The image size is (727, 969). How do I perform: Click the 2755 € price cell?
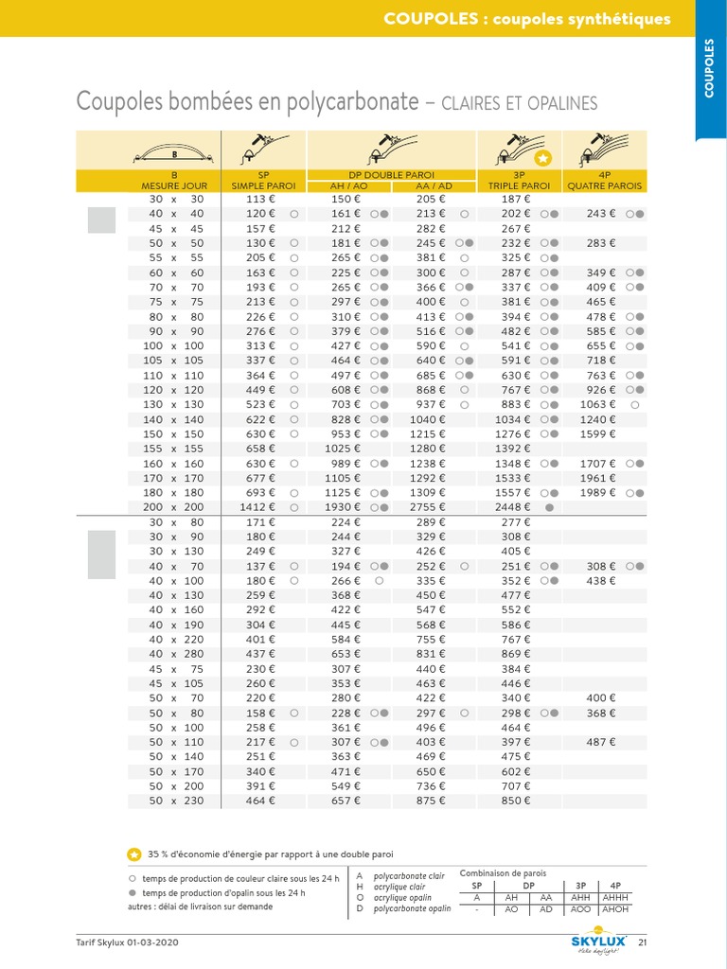tap(430, 507)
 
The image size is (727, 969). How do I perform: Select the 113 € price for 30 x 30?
tap(260, 199)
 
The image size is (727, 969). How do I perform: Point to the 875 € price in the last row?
tap(430, 801)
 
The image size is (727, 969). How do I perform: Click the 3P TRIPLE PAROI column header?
tap(519, 181)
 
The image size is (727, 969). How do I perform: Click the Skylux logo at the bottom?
tap(598, 942)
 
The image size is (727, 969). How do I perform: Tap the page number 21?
tap(643, 943)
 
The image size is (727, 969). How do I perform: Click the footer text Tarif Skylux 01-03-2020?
tap(127, 943)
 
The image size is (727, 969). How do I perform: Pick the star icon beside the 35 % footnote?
tap(134, 854)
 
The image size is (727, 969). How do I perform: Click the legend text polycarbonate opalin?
tap(412, 908)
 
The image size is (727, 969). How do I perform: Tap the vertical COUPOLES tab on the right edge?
tap(710, 68)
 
